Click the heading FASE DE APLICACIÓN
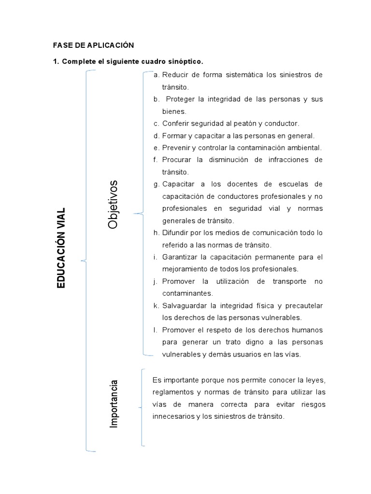pos(93,45)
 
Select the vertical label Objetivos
pos(113,205)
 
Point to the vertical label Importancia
pos(114,404)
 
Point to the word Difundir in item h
pos(175,233)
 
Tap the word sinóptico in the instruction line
pos(185,62)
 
